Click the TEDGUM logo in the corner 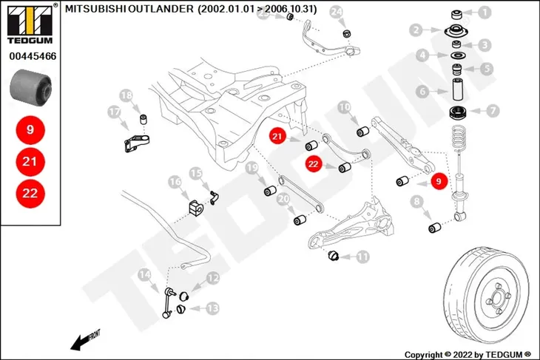pyautogui.click(x=30, y=24)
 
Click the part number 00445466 pyautogui.click(x=33, y=56)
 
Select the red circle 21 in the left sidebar pyautogui.click(x=30, y=161)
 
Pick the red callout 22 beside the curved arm pyautogui.click(x=314, y=164)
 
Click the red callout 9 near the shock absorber pyautogui.click(x=439, y=181)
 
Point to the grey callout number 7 pyautogui.click(x=493, y=111)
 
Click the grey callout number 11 pyautogui.click(x=362, y=257)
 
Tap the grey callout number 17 pyautogui.click(x=115, y=112)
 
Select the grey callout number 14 pyautogui.click(x=144, y=275)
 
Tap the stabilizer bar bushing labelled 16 pyautogui.click(x=196, y=208)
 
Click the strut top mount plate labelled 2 pyautogui.click(x=457, y=32)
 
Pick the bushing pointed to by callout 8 pyautogui.click(x=435, y=228)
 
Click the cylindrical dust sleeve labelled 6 pyautogui.click(x=457, y=89)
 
